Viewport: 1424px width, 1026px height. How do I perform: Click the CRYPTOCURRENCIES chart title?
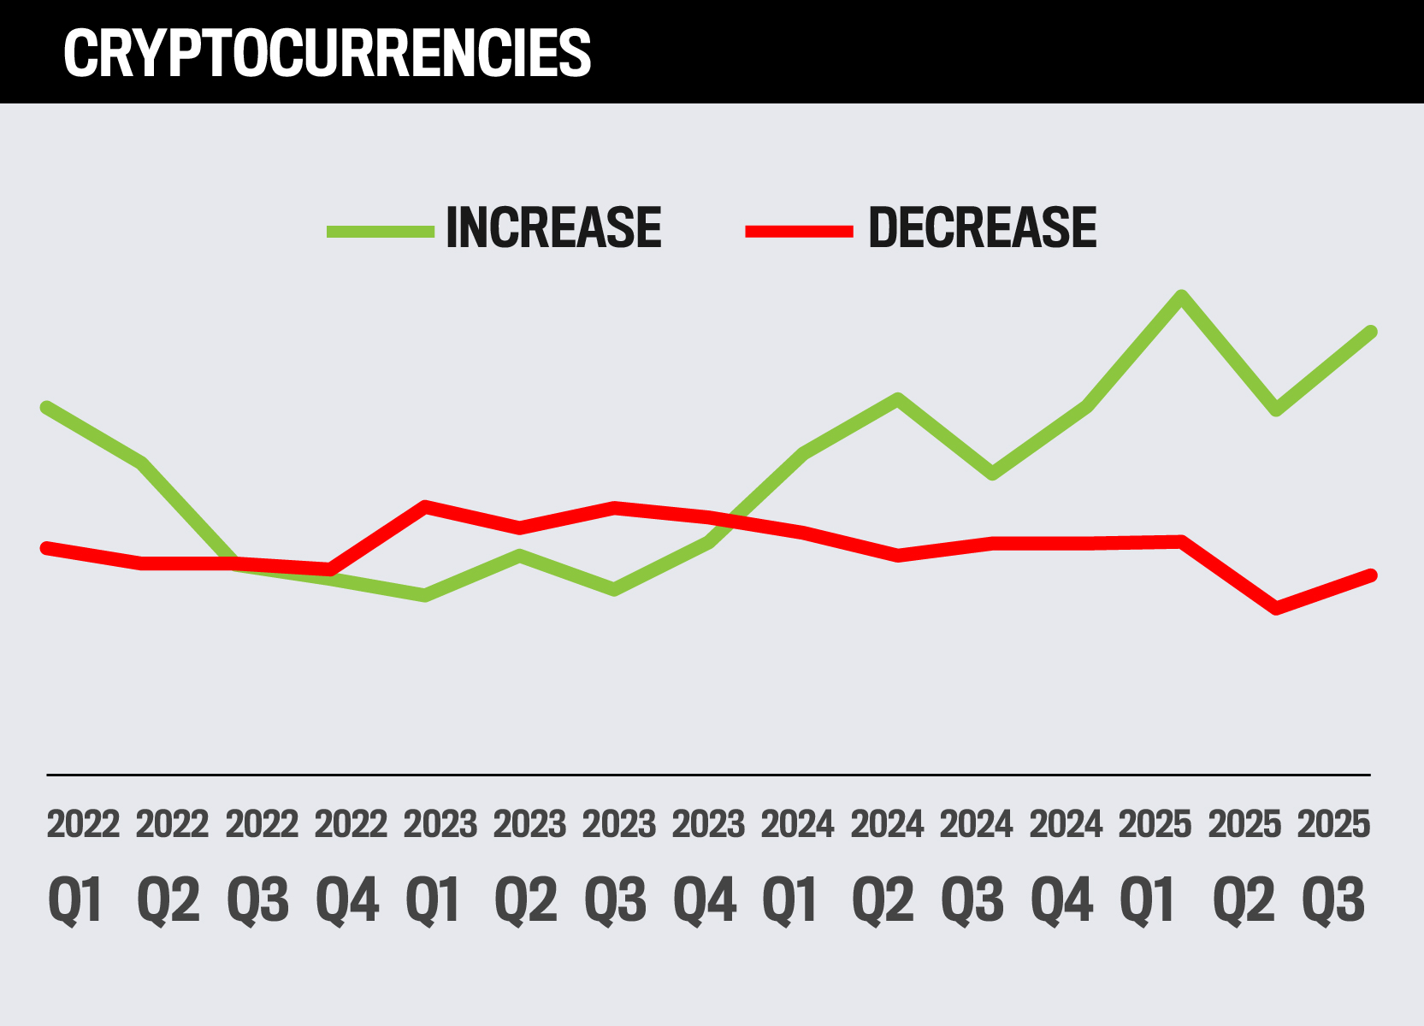point(327,53)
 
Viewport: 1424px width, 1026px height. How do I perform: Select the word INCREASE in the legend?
point(553,228)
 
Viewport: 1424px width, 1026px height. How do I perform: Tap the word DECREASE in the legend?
point(982,228)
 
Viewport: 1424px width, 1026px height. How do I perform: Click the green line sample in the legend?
point(381,231)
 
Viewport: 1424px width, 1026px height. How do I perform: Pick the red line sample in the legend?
point(799,231)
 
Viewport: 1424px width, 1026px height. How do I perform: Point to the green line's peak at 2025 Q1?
point(1182,297)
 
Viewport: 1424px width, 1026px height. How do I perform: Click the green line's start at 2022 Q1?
point(46,408)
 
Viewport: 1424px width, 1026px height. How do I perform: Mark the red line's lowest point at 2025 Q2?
point(1277,609)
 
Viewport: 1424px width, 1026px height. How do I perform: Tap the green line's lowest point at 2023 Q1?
point(424,595)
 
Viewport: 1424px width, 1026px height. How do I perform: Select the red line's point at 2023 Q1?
point(425,506)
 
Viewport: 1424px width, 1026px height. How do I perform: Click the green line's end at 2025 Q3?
point(1371,332)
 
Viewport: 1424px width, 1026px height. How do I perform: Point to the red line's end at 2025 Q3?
point(1371,575)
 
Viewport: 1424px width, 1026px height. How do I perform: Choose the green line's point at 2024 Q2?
point(897,399)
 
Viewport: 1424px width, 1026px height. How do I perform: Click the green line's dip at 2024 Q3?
point(992,475)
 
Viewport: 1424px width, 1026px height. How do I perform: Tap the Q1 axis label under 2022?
point(76,900)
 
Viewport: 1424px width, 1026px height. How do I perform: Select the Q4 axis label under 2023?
point(705,900)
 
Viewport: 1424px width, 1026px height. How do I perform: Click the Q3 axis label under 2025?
point(1333,900)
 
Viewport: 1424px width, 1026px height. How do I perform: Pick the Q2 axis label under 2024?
point(883,900)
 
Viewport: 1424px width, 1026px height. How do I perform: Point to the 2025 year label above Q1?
point(1155,825)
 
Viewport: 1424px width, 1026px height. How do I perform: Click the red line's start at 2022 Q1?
point(46,547)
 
